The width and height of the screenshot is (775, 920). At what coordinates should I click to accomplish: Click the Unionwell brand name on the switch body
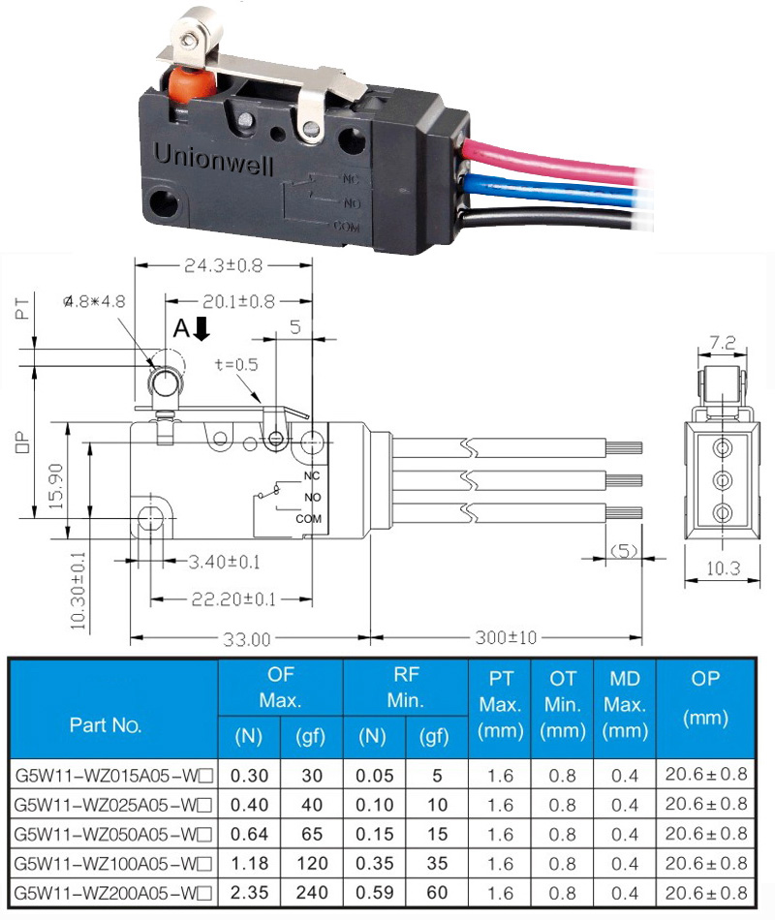point(213,159)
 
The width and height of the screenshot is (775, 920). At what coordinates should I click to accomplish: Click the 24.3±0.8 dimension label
point(223,265)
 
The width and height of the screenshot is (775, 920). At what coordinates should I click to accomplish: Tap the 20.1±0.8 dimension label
point(238,301)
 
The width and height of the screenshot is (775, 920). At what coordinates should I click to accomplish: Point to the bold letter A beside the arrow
point(181,328)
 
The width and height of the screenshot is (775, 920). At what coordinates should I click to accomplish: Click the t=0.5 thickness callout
point(236,365)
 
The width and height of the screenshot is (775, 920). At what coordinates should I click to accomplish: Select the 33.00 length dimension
point(247,639)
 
